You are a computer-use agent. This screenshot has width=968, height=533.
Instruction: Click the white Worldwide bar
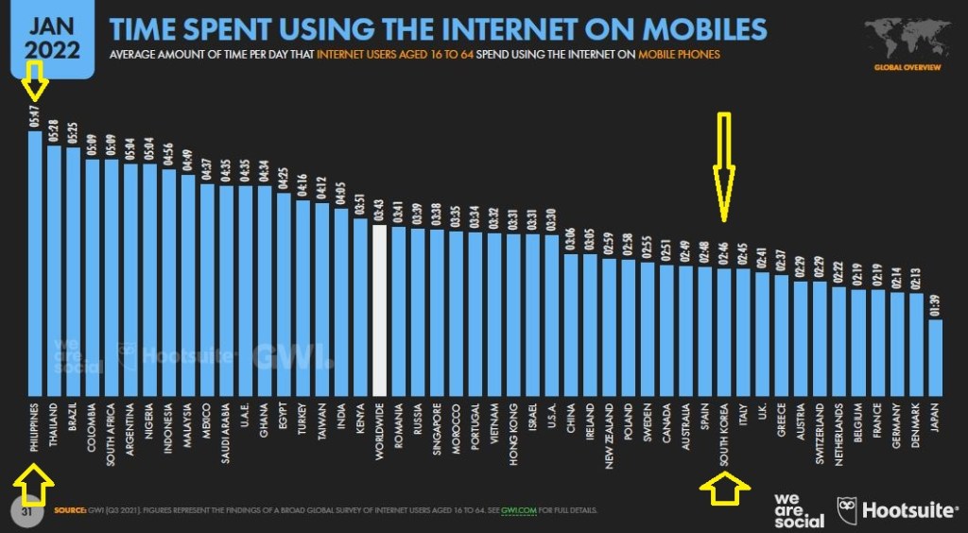tap(380, 312)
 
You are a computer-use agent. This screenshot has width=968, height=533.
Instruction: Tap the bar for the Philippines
tap(35, 265)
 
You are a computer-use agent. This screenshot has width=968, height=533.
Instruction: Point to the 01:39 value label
tap(935, 305)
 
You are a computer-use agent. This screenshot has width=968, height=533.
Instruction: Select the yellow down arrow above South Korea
tap(724, 165)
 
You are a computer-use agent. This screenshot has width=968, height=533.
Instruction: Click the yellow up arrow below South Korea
tap(724, 490)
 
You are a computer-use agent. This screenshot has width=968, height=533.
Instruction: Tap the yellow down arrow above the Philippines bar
tap(35, 81)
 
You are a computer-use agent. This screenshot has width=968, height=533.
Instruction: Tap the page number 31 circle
tap(27, 510)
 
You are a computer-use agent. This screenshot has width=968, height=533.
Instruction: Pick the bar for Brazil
tap(74, 270)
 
